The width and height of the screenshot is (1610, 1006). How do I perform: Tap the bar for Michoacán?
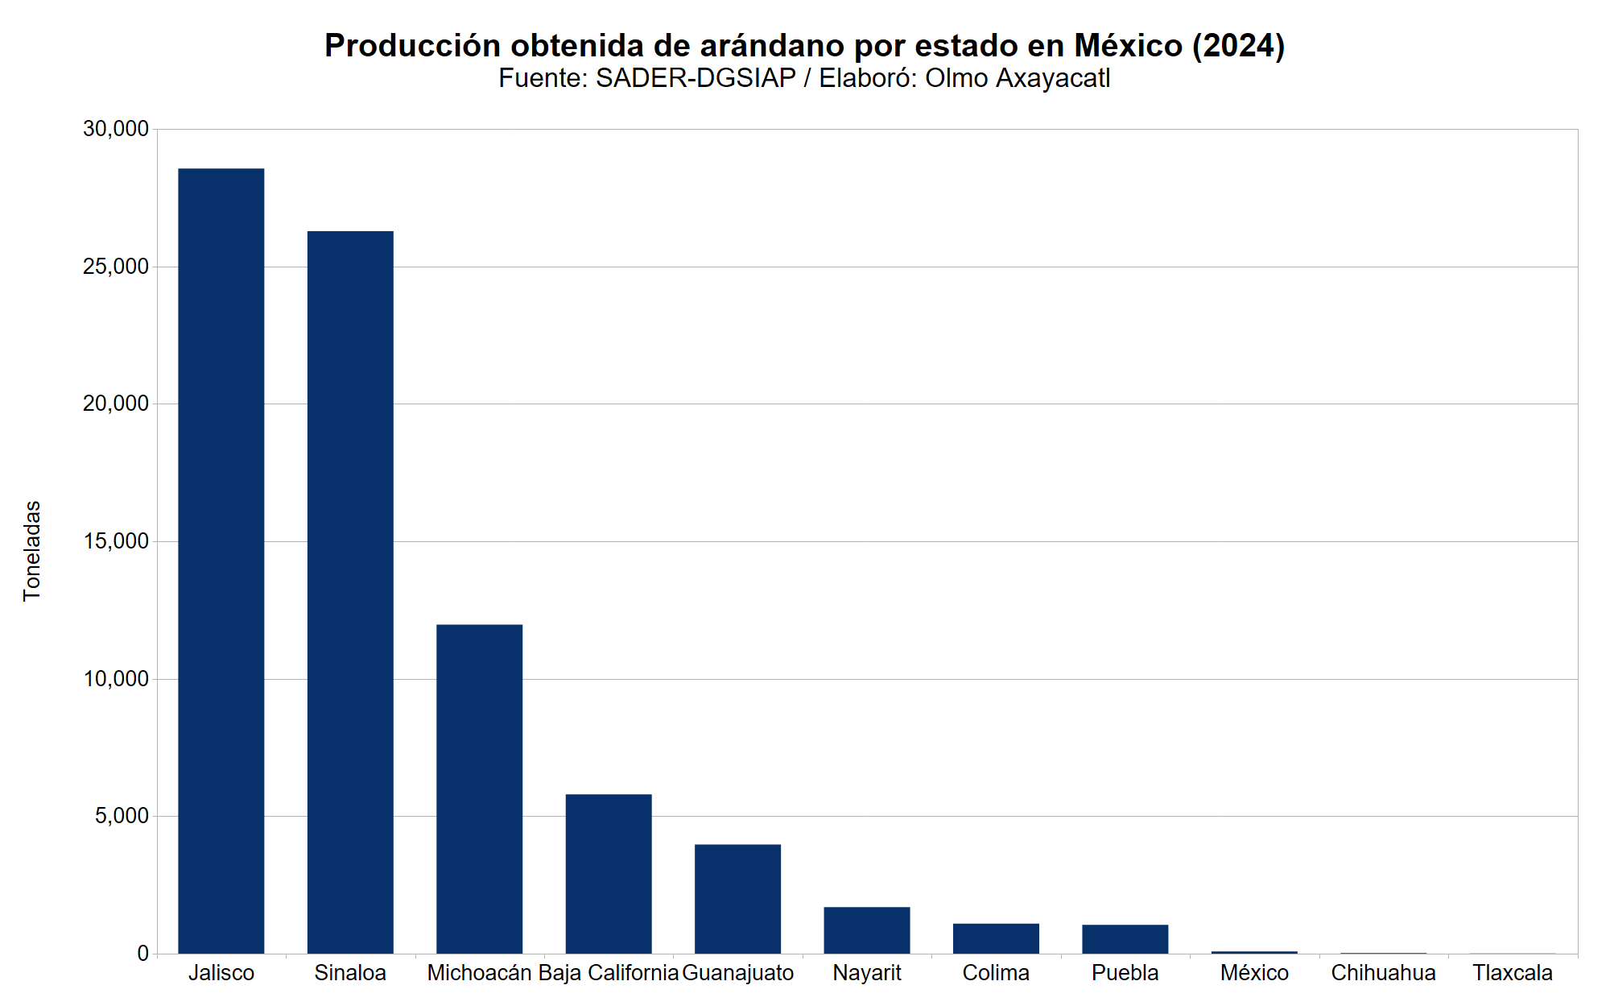click(479, 789)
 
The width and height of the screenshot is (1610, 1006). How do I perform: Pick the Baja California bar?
click(609, 874)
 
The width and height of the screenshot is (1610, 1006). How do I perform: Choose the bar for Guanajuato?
click(737, 899)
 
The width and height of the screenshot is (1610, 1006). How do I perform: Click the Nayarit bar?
click(867, 930)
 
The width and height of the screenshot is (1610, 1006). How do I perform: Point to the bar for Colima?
click(996, 938)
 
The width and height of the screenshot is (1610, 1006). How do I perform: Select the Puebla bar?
click(1125, 939)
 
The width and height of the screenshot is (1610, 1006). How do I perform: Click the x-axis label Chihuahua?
click(1383, 973)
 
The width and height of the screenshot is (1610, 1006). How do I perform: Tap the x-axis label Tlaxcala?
click(1513, 973)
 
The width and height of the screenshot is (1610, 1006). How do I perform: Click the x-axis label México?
click(1254, 973)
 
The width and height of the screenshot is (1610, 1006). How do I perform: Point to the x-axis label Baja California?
click(609, 973)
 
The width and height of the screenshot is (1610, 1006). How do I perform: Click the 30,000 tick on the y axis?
click(116, 129)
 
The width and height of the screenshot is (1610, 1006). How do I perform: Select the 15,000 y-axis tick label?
click(116, 541)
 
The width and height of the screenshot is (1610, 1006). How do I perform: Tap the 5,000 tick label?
click(122, 816)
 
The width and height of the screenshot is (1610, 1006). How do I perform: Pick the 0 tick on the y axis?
click(142, 954)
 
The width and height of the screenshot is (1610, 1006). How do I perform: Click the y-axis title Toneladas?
click(32, 551)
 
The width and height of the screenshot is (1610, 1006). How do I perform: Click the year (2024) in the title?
click(1238, 46)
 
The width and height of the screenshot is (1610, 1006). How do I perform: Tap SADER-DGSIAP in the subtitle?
click(696, 78)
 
